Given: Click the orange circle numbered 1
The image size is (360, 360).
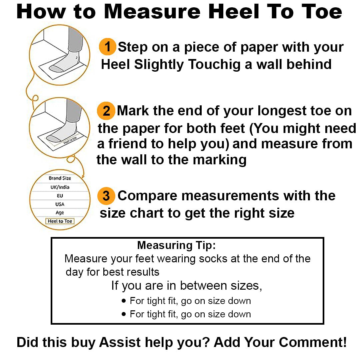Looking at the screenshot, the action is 107,47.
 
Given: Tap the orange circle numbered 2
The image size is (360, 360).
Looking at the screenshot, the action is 106,111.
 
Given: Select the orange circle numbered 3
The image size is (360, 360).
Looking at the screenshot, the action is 106,196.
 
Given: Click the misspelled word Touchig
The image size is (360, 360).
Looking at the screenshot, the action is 214,65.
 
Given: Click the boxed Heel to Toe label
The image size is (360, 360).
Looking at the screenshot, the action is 60,221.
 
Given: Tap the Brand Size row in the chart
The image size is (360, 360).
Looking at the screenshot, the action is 60,178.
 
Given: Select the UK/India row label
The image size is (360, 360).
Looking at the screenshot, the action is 60,187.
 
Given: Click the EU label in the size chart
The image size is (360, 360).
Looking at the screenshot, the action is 60,196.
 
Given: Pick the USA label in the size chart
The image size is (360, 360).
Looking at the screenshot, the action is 60,204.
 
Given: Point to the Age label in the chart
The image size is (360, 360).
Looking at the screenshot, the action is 60,213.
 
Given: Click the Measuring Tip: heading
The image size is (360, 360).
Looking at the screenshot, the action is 177,245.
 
